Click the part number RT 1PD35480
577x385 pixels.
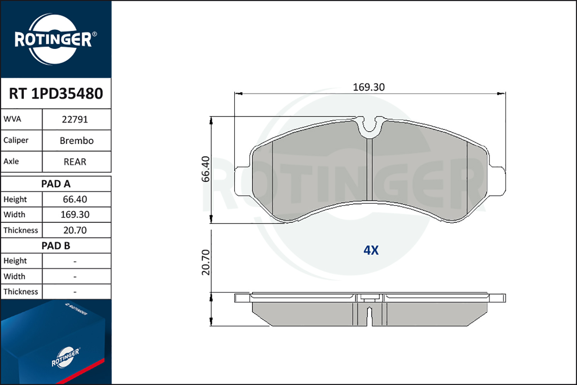(56, 93)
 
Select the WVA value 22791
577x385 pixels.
(75, 120)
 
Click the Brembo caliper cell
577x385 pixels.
(77, 141)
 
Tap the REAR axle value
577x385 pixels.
(75, 162)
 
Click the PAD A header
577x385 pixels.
(56, 184)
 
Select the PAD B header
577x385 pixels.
(56, 246)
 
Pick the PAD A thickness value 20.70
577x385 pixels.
(75, 230)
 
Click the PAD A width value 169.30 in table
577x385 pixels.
(75, 214)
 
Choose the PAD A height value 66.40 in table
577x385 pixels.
(75, 199)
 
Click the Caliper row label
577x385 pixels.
(16, 140)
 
